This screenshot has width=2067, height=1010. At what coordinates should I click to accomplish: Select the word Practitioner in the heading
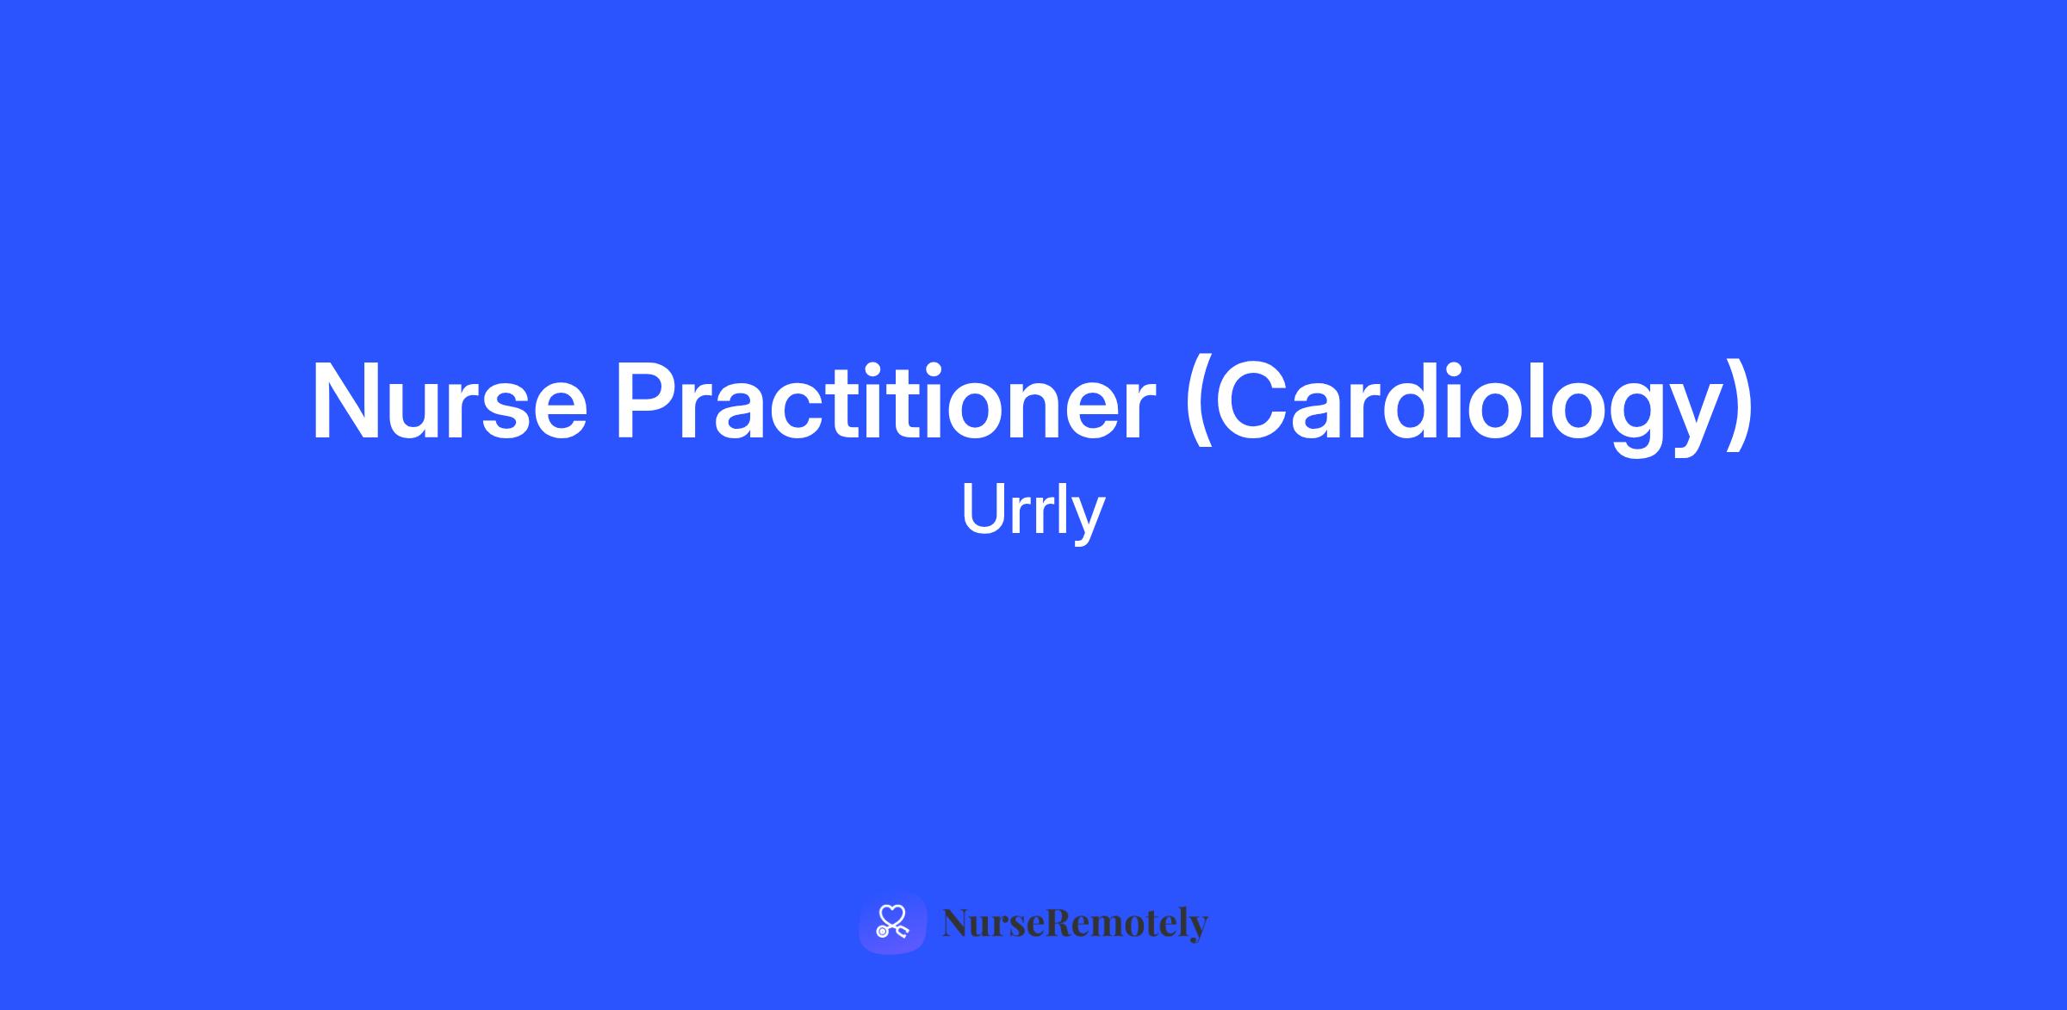[885, 401]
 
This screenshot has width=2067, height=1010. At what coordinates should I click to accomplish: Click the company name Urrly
[1033, 511]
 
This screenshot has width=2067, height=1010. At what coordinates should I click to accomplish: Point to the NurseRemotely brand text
[1076, 923]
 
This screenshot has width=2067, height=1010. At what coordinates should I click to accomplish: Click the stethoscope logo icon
[892, 922]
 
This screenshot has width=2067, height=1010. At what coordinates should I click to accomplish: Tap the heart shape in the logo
[892, 915]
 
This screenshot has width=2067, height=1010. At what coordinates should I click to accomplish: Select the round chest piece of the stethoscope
[882, 932]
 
